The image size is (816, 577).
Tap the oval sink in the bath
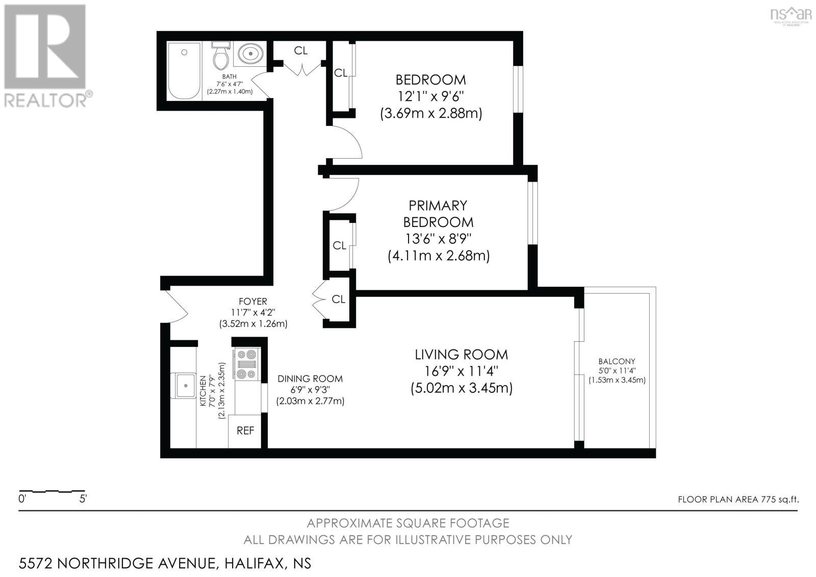coord(250,54)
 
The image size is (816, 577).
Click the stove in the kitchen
coord(247,364)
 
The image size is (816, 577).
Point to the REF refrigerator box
coord(245,431)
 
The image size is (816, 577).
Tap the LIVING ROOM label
coord(461,354)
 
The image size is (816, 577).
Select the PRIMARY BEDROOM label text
coord(438,214)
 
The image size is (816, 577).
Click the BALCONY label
coord(617,361)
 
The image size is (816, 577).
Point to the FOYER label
coord(253,302)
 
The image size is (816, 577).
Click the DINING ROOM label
coord(310,379)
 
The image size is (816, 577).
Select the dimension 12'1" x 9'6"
coord(431,96)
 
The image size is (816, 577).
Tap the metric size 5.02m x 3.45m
coord(461,388)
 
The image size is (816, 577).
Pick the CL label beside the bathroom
coord(301,51)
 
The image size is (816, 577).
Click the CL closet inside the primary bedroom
coord(339,245)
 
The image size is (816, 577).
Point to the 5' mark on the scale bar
coord(83,499)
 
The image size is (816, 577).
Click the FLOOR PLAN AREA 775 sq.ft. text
coord(738,499)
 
